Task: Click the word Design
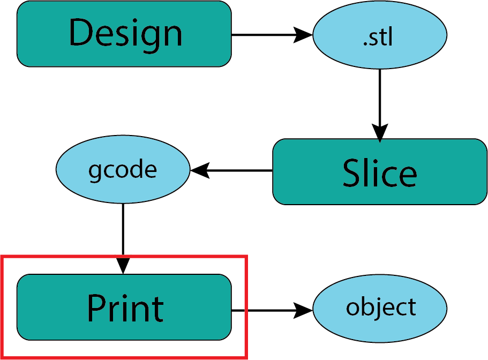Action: point(125,33)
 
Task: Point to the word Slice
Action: point(379,172)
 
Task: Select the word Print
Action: point(125,308)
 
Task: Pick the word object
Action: point(381,307)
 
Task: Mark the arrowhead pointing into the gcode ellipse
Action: point(199,171)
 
